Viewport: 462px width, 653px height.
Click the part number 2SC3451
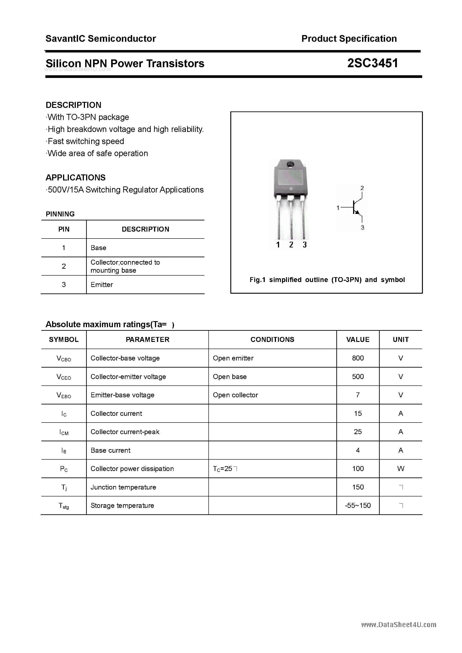(372, 63)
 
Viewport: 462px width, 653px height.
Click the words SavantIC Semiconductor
(101, 38)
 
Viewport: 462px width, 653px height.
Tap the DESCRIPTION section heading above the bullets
(74, 105)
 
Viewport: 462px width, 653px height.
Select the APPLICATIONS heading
(76, 178)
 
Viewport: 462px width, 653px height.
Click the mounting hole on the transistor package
(290, 164)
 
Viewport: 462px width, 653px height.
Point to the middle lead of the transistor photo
(291, 219)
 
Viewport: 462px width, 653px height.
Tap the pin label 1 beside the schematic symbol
(338, 208)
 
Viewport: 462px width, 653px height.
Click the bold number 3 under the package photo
(305, 245)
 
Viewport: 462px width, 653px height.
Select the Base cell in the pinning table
(98, 248)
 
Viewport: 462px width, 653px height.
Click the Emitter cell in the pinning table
(102, 285)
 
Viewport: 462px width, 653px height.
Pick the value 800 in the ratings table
(358, 358)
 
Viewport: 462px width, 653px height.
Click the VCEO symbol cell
(64, 377)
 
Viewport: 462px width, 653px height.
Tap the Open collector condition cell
(235, 395)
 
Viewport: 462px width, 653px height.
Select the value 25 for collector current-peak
(358, 432)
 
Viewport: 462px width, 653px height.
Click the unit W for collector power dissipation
(401, 469)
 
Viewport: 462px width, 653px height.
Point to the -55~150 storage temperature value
(358, 505)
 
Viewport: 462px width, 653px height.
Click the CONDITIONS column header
(272, 340)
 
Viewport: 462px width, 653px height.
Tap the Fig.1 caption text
(327, 280)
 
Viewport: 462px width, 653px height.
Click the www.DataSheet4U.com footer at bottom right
(398, 625)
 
